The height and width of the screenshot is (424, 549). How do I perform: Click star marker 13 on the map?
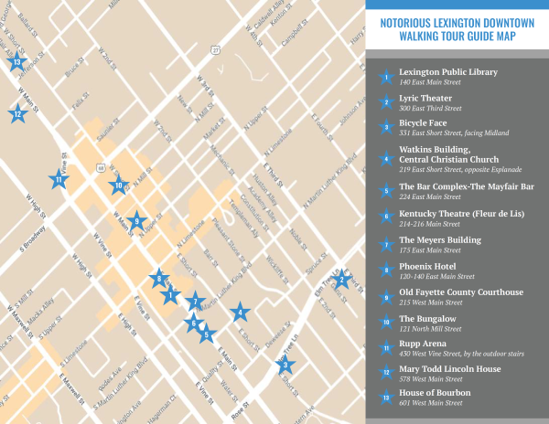coord(16,62)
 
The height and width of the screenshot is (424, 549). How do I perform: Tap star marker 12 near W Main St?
coord(16,114)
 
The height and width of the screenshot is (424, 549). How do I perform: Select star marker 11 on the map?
coord(58,180)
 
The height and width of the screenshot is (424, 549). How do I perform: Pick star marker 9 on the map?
coord(136,220)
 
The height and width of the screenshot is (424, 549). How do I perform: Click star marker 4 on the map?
coord(240,313)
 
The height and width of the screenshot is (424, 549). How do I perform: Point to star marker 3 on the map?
coord(285,366)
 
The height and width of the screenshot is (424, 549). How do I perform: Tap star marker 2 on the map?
coord(340,280)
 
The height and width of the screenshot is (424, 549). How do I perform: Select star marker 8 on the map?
coord(160,280)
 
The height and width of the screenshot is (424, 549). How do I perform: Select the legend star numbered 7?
coord(387,244)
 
